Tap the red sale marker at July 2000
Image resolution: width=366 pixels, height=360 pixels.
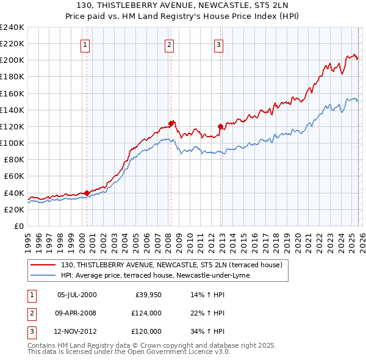point(87,193)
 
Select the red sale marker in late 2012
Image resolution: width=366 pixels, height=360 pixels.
point(220,126)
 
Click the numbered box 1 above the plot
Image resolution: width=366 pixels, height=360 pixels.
point(85,44)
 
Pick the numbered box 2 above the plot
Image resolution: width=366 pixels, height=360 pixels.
point(169,44)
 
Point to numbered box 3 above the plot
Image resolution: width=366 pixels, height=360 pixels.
point(218,44)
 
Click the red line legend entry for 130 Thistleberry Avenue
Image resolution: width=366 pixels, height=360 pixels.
point(171,265)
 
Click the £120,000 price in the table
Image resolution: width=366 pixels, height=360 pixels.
point(146,331)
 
